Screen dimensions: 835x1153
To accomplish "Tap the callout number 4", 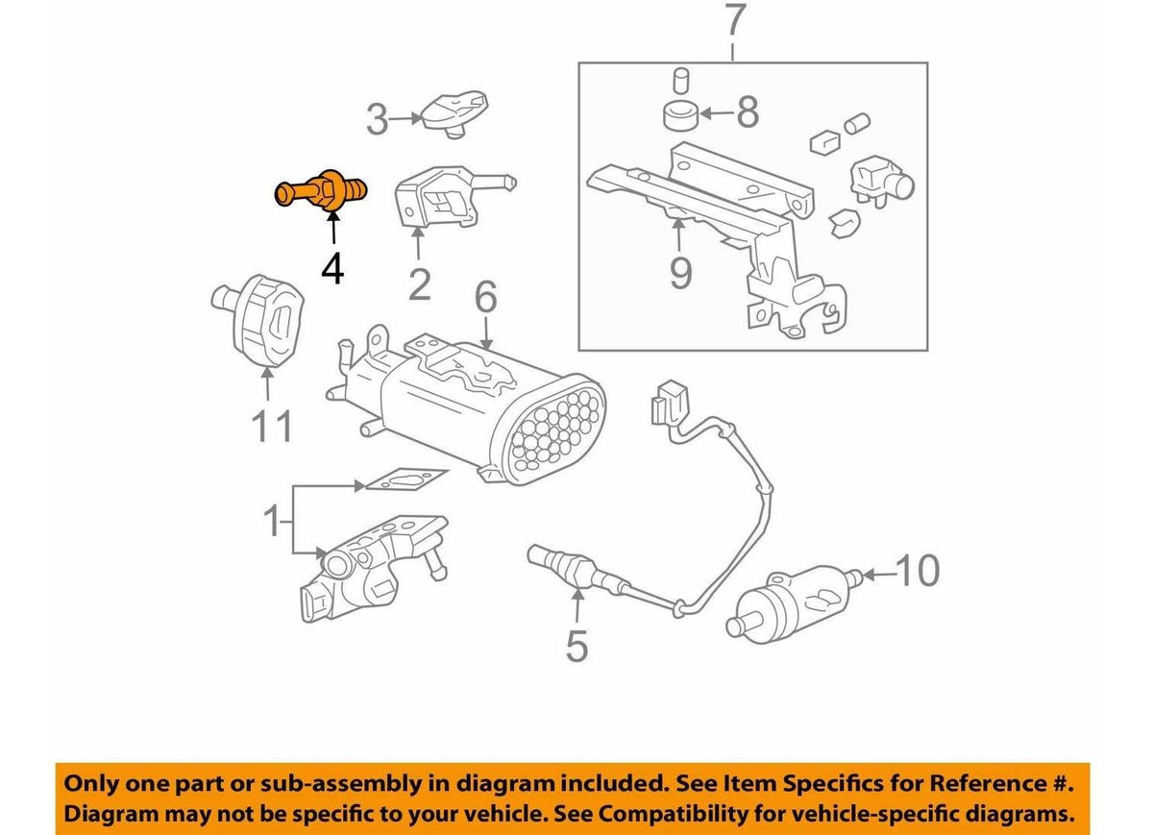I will click(x=332, y=268).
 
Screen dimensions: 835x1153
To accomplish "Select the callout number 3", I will click(x=378, y=120).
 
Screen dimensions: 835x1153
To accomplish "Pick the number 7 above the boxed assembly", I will click(x=733, y=21).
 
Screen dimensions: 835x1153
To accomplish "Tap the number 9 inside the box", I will click(x=680, y=275).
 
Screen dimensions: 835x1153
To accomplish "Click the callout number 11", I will click(x=270, y=426).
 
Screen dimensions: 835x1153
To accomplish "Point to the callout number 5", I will click(x=576, y=645).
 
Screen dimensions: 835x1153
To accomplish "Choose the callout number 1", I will click(x=272, y=523).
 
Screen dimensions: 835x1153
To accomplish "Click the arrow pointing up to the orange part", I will click(x=332, y=229).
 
